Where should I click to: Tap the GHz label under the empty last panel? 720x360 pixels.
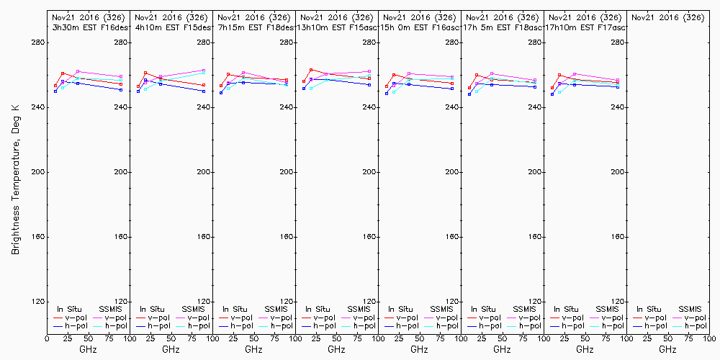pos(667,349)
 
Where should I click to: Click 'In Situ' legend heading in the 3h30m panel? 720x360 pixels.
pos(71,309)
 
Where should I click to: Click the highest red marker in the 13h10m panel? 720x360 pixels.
pos(311,70)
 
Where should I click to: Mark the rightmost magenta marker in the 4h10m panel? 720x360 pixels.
pos(204,71)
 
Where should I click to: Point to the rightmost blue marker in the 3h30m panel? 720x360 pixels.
pos(121,90)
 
